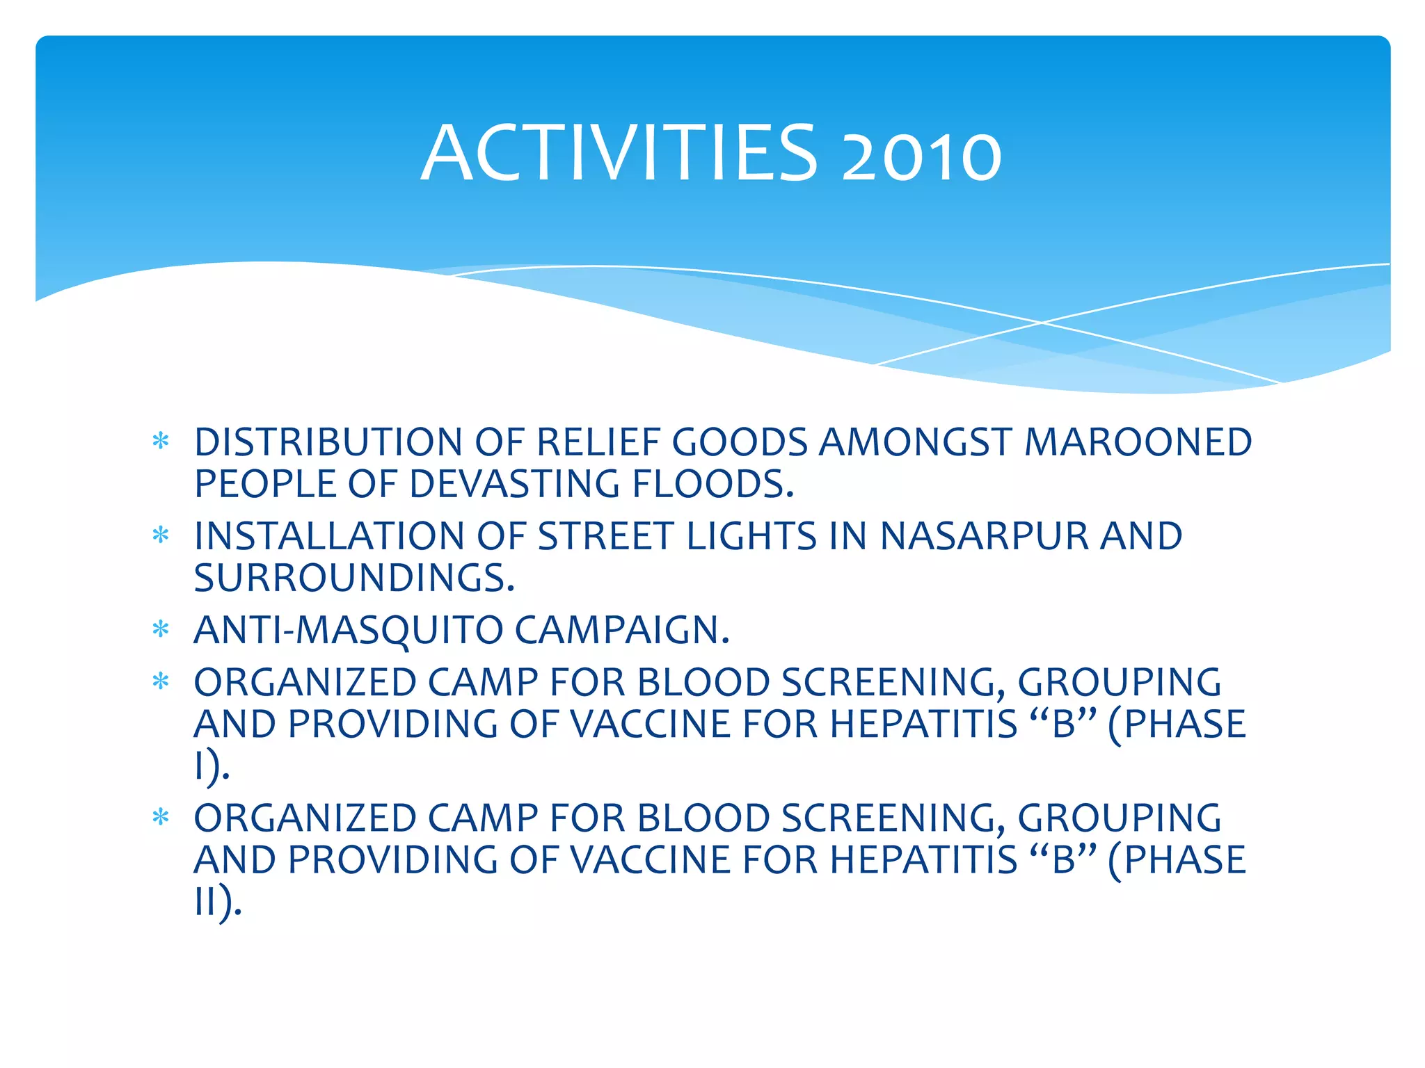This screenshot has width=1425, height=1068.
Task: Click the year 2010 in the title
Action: click(x=921, y=159)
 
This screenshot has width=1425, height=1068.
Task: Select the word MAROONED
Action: click(x=1138, y=442)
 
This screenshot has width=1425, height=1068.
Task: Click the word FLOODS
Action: click(x=712, y=484)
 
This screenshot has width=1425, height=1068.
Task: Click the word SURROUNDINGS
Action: click(x=354, y=578)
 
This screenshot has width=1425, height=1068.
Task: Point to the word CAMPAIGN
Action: click(x=622, y=631)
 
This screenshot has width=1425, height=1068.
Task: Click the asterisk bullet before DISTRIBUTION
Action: click(x=161, y=442)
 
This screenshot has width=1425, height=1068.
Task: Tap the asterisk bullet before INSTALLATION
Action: click(x=161, y=535)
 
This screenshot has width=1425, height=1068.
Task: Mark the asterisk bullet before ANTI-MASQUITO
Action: click(x=161, y=630)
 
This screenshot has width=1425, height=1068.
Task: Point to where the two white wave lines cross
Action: click(x=1042, y=323)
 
